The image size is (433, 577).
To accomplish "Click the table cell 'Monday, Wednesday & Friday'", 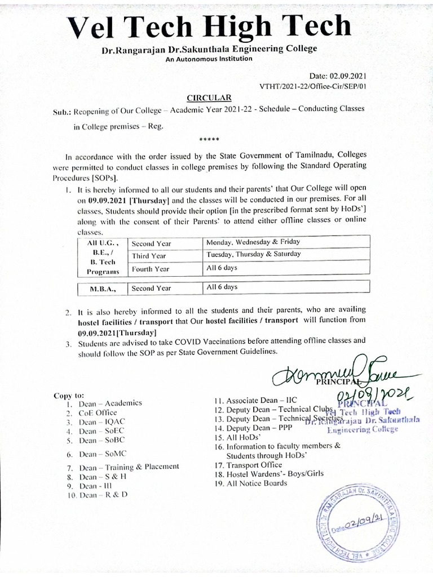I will coord(253,242).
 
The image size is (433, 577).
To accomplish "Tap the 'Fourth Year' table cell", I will coord(151,269).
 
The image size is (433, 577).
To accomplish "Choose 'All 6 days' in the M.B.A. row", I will coord(222,287).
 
